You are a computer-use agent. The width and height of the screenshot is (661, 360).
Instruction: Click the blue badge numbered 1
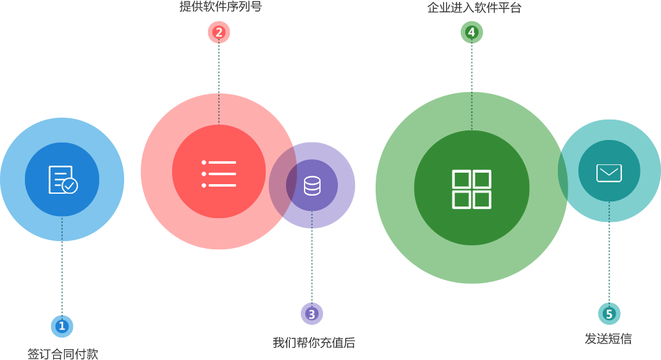point(62,326)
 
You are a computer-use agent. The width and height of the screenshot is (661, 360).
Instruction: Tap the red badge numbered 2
point(219,32)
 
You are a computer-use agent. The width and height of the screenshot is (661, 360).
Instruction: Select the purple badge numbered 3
point(312,314)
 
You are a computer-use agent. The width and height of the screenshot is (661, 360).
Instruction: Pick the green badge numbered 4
point(472,32)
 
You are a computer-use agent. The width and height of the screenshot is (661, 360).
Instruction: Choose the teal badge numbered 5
point(609,314)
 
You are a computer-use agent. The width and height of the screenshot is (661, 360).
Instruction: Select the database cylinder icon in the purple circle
point(312,186)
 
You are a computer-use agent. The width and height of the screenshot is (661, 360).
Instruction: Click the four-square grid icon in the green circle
point(472,189)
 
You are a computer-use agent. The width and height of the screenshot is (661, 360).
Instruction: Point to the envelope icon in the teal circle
point(609,173)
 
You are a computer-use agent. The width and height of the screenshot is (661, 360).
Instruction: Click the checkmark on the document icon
point(70,186)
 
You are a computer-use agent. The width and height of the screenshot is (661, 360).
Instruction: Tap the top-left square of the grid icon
point(462,179)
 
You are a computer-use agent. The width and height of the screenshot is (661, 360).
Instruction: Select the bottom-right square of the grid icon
point(482,200)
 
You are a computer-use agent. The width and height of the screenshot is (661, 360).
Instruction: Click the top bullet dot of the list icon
point(204,162)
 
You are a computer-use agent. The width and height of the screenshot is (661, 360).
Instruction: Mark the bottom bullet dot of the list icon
point(204,185)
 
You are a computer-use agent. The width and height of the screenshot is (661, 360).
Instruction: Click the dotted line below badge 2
point(219,83)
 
